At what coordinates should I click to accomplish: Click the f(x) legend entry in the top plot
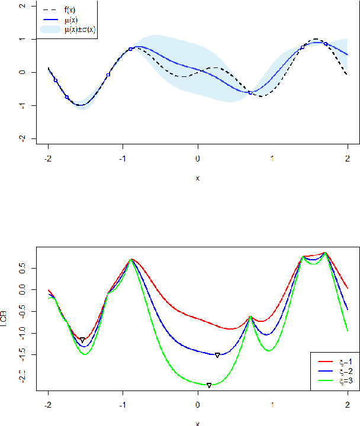[x=69, y=9]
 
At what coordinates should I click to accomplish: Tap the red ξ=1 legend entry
[x=341, y=360]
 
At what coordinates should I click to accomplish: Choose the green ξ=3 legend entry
[x=341, y=380]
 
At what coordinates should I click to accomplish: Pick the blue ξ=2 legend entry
[x=341, y=370]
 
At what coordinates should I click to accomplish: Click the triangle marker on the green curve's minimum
[x=209, y=385]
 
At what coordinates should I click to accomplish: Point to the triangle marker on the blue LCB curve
[x=217, y=355]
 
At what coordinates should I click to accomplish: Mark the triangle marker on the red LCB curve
[x=82, y=340]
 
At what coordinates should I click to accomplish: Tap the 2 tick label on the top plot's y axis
[x=22, y=5]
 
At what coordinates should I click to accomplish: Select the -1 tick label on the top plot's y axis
[x=22, y=105]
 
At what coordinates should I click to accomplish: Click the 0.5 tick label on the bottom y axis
[x=22, y=269]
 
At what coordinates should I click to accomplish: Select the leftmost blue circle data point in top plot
[x=56, y=80]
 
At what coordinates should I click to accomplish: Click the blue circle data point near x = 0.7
[x=250, y=93]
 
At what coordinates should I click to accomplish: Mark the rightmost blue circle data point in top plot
[x=325, y=44]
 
